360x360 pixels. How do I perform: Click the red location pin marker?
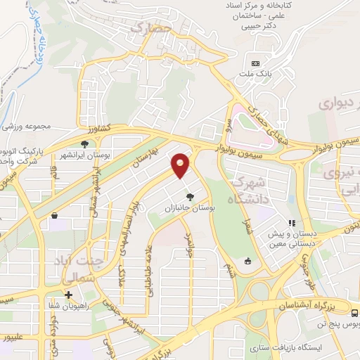tap(181, 165)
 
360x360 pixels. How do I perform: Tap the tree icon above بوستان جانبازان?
tap(188, 197)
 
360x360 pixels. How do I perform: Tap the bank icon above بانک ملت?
tap(255, 63)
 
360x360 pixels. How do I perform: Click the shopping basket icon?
tap(54, 217)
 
